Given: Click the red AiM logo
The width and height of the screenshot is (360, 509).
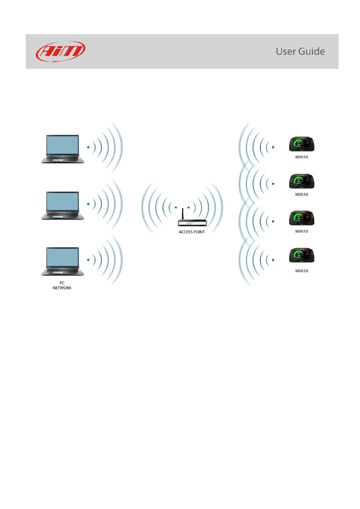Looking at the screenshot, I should (61, 51).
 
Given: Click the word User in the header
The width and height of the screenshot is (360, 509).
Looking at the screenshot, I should (286, 51).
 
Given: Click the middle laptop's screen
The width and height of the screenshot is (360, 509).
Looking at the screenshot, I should (62, 202).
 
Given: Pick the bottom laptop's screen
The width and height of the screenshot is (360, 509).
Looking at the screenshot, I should (62, 258).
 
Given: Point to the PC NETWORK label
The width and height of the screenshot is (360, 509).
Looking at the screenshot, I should (62, 286).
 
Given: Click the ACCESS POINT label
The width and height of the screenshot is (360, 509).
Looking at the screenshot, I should (191, 232).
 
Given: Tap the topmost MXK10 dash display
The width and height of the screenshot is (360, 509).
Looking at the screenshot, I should (302, 144).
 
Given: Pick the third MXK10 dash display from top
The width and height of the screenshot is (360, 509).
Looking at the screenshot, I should (302, 218).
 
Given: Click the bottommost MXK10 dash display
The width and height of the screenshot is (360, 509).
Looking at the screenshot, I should (302, 255).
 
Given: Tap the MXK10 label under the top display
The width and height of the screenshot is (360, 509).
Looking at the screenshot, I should (302, 157).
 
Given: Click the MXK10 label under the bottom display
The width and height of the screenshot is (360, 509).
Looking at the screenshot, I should (302, 271).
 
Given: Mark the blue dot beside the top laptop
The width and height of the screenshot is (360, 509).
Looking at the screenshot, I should (88, 147).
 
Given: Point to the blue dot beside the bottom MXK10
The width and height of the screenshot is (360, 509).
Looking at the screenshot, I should (273, 260).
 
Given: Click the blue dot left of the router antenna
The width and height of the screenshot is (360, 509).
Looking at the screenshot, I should (176, 207).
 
